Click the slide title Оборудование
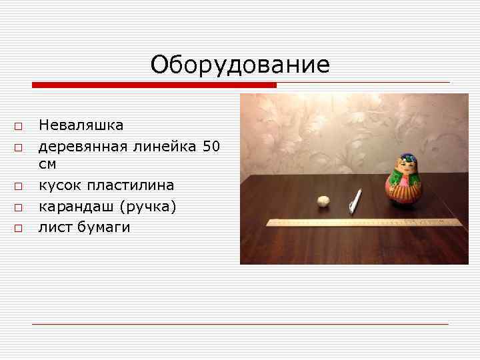[x=240, y=65]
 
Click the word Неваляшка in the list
[x=81, y=125]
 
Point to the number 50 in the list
[x=211, y=145]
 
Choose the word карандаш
[x=71, y=207]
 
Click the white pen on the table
[x=355, y=201]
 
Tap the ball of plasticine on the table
[x=323, y=201]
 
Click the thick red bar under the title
[x=155, y=85]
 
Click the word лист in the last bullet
[x=54, y=227]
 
